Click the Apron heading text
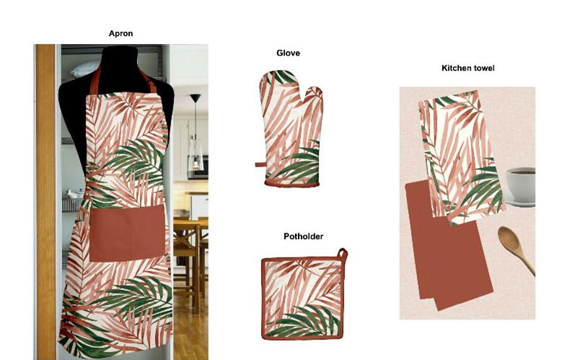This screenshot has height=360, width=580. point(120,34)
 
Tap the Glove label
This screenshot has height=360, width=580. point(288,53)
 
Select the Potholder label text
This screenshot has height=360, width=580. point(303,236)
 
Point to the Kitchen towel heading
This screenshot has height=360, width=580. point(468,68)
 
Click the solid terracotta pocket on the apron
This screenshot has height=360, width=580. point(127,233)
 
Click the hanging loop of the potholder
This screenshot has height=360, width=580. point(342,255)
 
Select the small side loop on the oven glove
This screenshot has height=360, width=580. point(260,164)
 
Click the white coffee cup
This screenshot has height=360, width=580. point(520,184)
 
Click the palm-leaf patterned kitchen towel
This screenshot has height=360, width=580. point(461,157)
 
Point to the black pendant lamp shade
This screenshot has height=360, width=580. point(195,98)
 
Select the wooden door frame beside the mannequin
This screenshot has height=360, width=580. point(45,202)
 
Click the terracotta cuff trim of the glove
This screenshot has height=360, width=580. point(292,183)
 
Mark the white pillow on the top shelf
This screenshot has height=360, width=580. point(85,69)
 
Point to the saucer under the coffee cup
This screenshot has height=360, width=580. point(519,203)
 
